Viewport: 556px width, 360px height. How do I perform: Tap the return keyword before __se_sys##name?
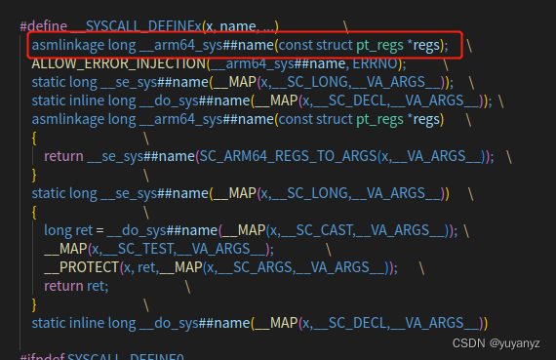click(64, 156)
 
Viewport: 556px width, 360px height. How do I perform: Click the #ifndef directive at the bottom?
click(44, 356)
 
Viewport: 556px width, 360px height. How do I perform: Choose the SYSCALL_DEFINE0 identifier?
click(127, 356)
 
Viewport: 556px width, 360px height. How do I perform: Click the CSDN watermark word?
click(471, 344)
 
